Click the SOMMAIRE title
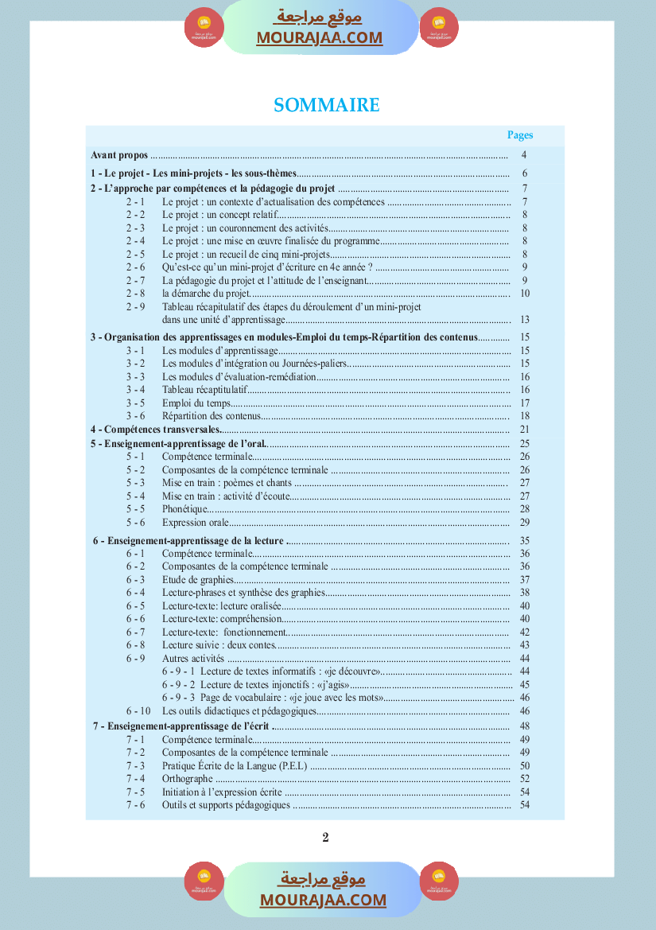point(327,105)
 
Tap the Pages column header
point(520,135)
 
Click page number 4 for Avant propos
point(524,155)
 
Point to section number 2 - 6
point(135,267)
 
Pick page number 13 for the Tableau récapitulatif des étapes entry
point(524,319)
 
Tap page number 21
point(524,430)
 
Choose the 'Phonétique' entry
point(185,509)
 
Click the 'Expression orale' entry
point(195,523)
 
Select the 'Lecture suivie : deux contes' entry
point(219,645)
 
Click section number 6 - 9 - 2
point(179,685)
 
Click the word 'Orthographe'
point(188,779)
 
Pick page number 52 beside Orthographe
point(524,779)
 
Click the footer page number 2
point(325,837)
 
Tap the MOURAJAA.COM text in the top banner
point(319,37)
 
